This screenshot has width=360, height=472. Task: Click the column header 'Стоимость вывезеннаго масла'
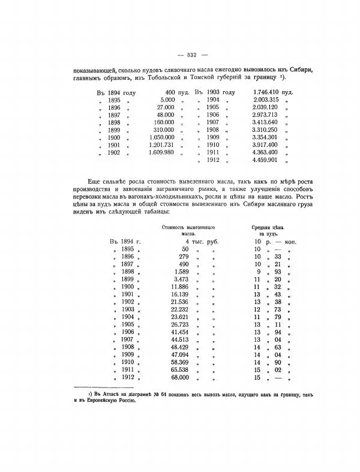[188, 231]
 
